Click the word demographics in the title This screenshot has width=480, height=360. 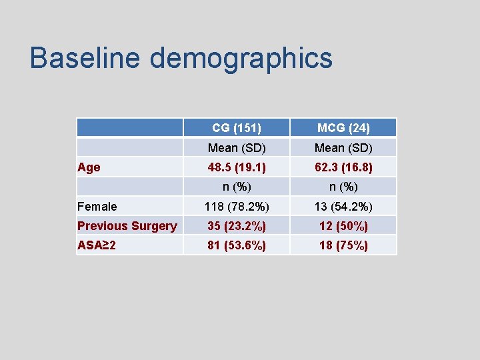coord(241,59)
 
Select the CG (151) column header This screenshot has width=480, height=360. coord(237,127)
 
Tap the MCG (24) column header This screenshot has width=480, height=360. coord(343,127)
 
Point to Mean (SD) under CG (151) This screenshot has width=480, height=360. coord(237,147)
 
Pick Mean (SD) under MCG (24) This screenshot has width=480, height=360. coord(343,147)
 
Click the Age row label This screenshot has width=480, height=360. coord(89,167)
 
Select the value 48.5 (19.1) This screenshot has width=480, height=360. coord(237,167)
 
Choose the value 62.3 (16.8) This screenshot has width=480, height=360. coord(343,167)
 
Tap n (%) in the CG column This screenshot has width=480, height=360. coord(237,187)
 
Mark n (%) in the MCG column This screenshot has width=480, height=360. coord(343,187)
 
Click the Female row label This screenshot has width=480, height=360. coord(97,207)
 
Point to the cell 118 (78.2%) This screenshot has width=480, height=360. coord(237,207)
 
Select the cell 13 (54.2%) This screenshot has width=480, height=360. coord(343,207)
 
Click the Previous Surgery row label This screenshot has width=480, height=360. coord(127,226)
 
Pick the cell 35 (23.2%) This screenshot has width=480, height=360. coord(237,226)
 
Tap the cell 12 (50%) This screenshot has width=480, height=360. coord(343,226)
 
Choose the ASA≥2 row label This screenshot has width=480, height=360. coord(97,245)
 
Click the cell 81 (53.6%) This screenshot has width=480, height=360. coord(237,245)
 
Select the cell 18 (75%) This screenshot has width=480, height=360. coord(343,245)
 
